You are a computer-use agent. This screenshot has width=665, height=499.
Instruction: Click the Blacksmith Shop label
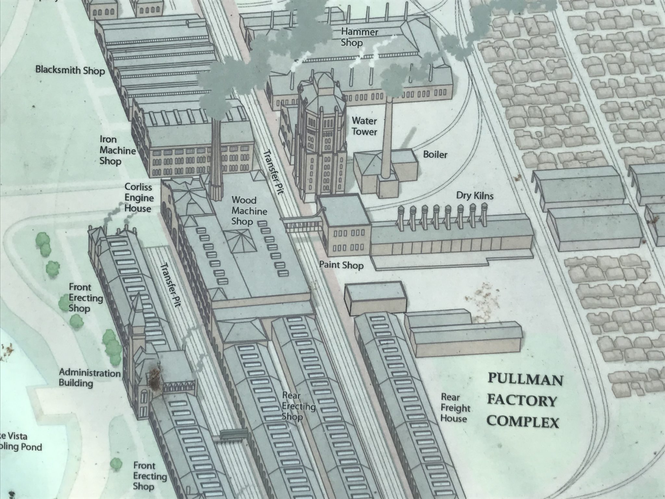70,70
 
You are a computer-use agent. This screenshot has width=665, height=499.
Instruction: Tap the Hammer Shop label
359,37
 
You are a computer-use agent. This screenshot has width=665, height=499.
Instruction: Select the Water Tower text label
364,126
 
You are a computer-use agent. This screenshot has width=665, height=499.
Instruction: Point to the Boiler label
435,155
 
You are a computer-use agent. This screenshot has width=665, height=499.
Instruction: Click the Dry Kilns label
474,196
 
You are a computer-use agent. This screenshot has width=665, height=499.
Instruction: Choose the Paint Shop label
341,265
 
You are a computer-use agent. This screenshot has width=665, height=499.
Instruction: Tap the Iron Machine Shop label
117,150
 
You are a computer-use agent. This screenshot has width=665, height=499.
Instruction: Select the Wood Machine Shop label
249,211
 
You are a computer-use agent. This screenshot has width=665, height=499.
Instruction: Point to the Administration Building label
90,377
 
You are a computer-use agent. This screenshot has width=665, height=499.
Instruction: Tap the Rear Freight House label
455,408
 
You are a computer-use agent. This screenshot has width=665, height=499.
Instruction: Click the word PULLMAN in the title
525,379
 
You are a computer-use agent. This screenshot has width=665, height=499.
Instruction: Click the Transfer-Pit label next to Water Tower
273,172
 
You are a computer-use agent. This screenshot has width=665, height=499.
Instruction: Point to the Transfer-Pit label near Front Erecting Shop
170,285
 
